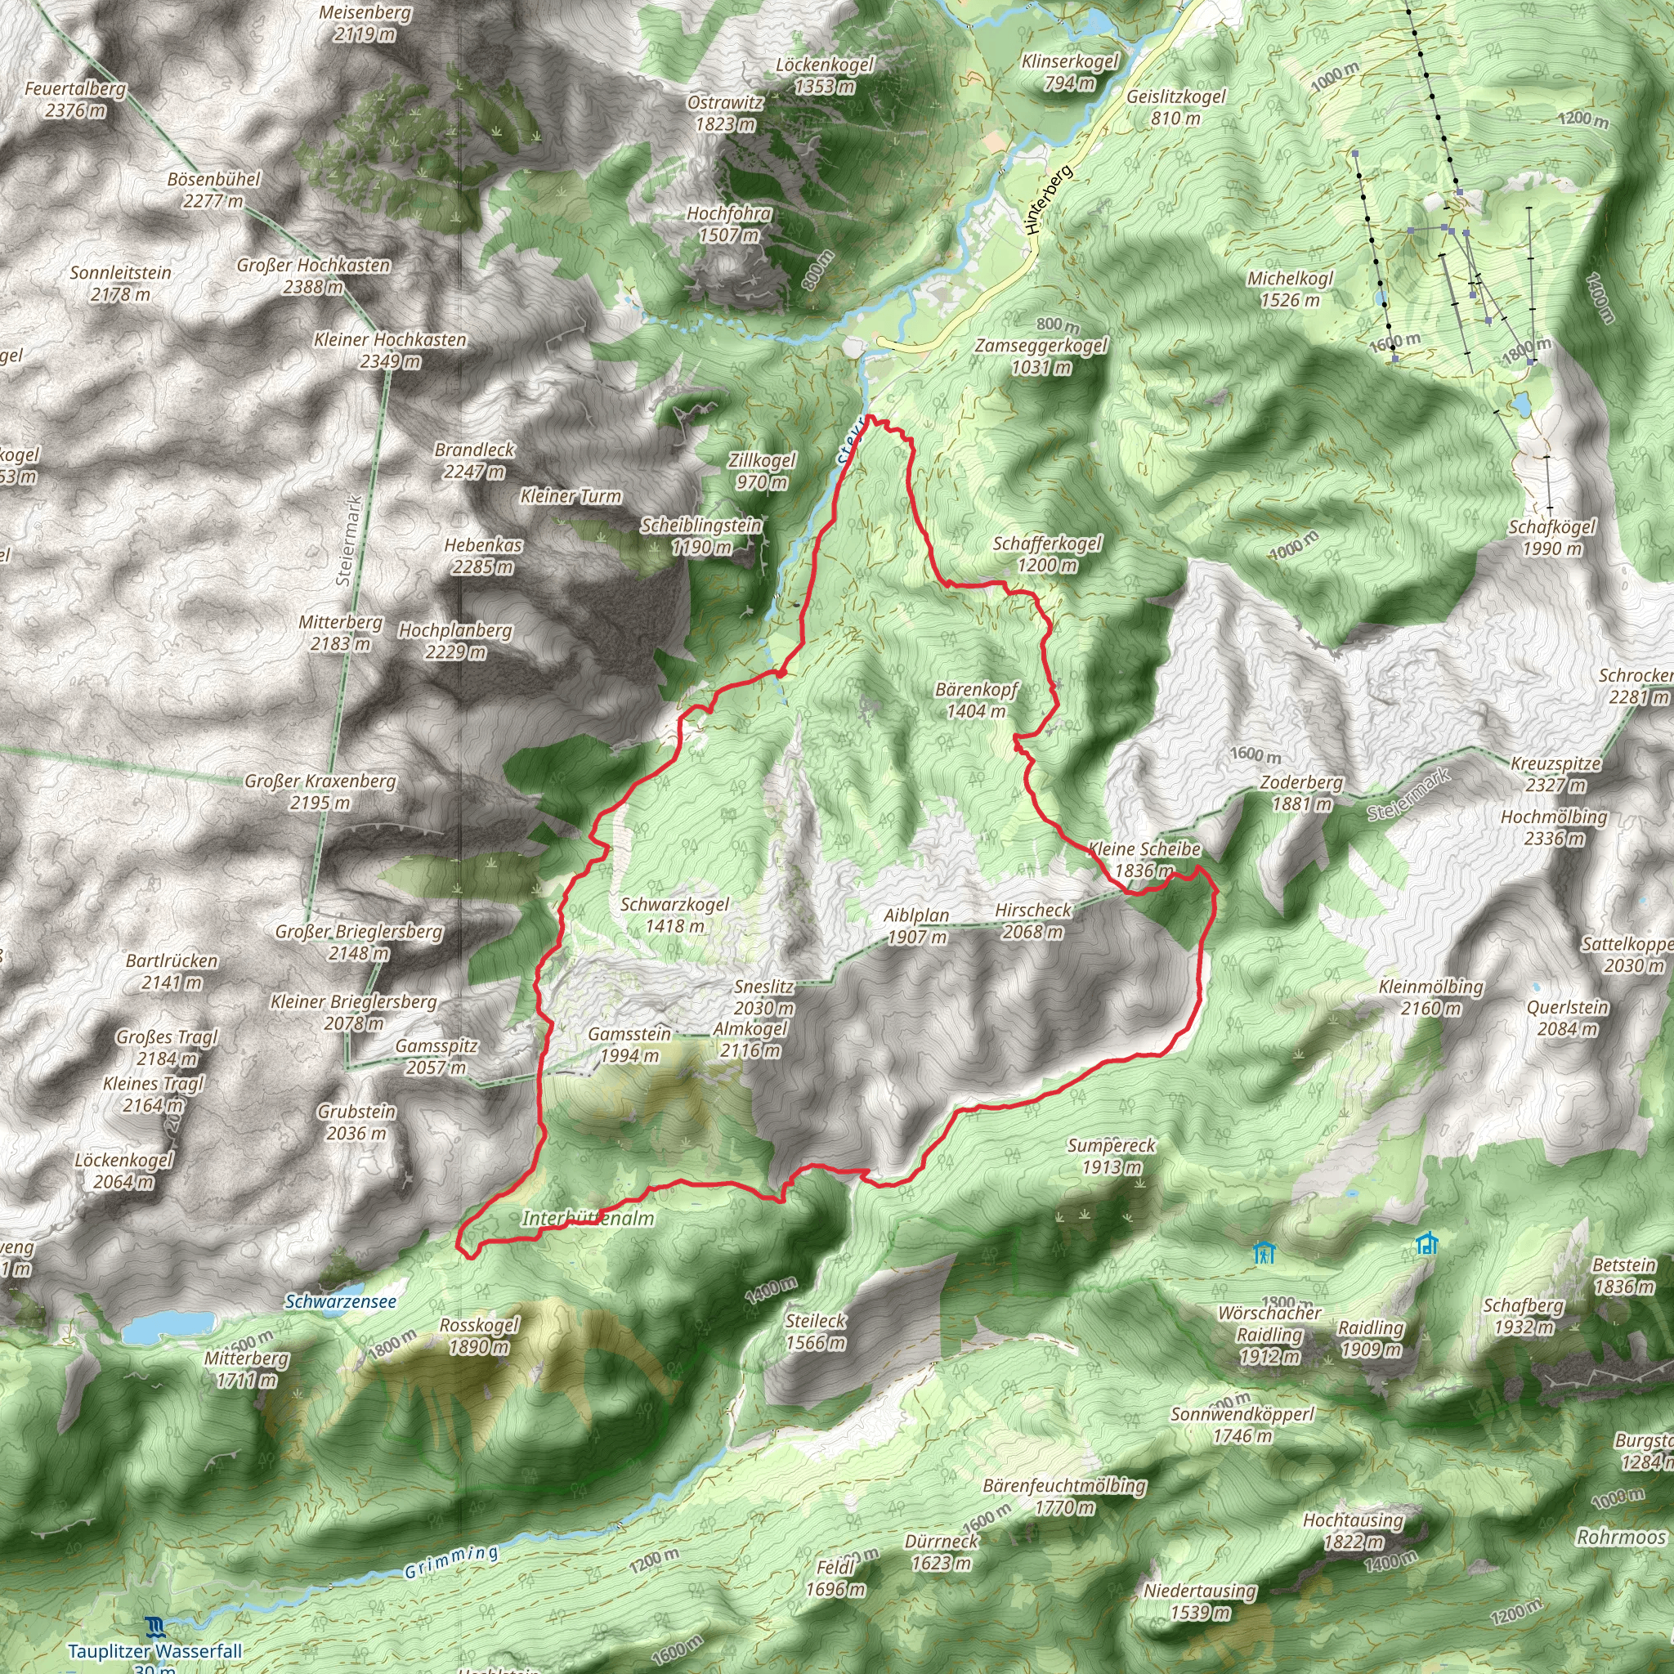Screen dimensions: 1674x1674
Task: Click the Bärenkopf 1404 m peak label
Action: [976, 700]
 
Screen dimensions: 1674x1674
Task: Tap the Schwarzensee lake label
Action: [341, 1301]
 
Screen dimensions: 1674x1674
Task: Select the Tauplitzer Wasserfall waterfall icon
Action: [155, 1625]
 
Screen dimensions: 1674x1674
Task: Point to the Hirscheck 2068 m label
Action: [1033, 921]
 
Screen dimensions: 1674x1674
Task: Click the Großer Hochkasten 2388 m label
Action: [314, 275]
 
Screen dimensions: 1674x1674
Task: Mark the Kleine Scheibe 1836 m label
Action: [1144, 860]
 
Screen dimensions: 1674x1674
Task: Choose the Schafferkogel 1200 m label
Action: [1047, 553]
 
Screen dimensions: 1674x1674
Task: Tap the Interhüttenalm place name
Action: [588, 1218]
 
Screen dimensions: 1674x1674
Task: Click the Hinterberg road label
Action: [1048, 200]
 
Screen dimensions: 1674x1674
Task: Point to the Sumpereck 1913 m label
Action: [1111, 1156]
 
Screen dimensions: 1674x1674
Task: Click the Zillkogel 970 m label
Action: [762, 472]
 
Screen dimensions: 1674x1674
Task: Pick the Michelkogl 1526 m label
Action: [1289, 289]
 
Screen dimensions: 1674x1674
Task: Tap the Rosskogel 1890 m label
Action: [478, 1336]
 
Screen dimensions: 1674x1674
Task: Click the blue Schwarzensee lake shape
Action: [168, 1325]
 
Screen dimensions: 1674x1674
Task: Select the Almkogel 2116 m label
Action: [750, 1040]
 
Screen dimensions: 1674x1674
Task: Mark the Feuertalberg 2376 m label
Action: [75, 100]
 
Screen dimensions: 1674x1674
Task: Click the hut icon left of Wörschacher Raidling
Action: [1264, 1252]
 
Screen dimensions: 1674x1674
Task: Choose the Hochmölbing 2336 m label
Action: [1554, 827]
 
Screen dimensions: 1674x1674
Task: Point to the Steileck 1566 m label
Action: [815, 1332]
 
